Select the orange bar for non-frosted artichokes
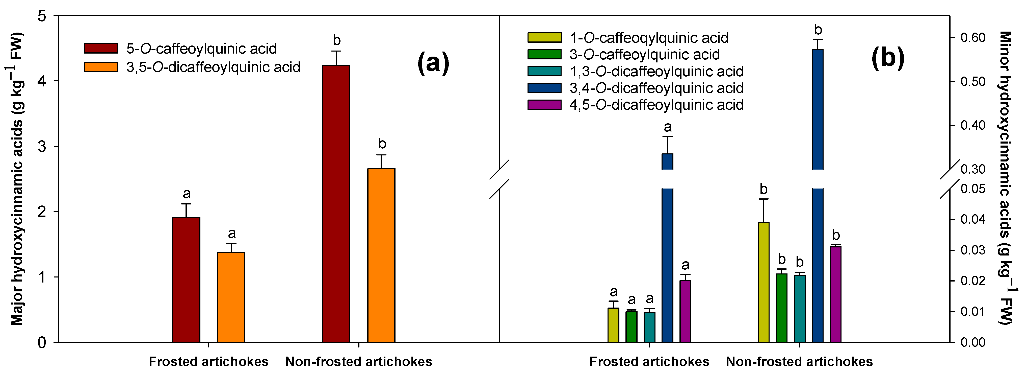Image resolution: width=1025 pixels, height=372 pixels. coord(381,255)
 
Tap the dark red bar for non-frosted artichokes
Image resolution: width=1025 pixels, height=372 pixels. coord(336,203)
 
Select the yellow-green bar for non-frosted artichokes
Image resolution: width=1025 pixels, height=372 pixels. coord(763,282)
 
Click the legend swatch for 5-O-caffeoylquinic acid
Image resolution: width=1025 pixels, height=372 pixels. coord(101,48)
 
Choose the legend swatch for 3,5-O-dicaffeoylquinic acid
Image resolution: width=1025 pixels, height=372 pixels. coord(101,67)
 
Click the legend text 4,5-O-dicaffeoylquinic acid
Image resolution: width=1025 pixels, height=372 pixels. coord(656,105)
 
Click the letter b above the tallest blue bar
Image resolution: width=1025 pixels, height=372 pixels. coord(818,30)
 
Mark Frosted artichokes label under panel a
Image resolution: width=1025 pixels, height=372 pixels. coord(208,362)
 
